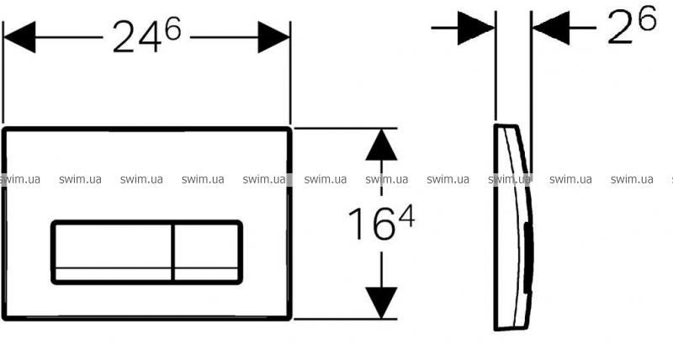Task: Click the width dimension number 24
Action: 137,37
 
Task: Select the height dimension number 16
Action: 371,223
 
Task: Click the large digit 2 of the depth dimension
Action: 621,28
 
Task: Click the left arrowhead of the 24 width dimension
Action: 19,37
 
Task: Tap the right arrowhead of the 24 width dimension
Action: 274,37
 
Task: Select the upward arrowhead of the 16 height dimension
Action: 381,145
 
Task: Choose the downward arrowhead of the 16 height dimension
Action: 381,303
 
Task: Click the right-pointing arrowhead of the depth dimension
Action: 476,28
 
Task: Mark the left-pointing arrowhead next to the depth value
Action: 551,28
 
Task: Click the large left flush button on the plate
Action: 114,252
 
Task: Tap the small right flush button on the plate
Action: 207,252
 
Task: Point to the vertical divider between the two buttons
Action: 173,252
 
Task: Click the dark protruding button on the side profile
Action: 529,257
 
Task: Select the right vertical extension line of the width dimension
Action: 290,73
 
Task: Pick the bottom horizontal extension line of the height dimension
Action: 345,319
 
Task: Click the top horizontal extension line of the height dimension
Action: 345,128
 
